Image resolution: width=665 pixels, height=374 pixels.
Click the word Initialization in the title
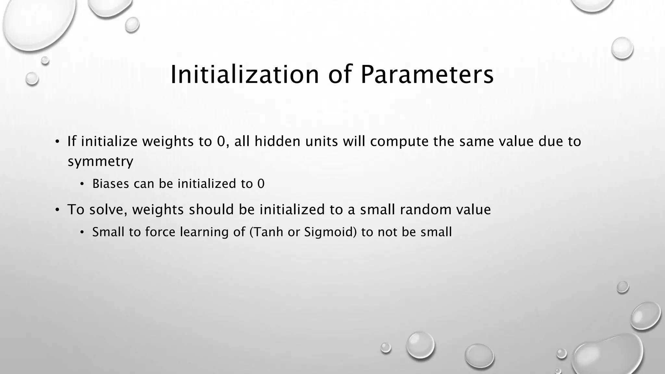point(245,75)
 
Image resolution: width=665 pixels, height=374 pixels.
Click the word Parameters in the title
point(427,75)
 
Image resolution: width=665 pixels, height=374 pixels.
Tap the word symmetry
point(100,161)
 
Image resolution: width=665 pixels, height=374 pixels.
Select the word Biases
point(111,184)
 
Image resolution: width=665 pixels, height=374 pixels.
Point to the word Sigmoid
point(328,232)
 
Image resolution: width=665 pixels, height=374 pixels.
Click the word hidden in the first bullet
point(277,141)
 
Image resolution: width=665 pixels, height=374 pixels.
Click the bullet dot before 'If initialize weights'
point(57,142)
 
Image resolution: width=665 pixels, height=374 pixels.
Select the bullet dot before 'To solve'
point(57,210)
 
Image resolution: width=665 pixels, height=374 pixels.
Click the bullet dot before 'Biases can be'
point(82,184)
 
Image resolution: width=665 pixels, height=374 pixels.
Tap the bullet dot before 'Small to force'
point(82,232)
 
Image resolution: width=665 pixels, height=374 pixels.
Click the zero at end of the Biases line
point(261,184)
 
